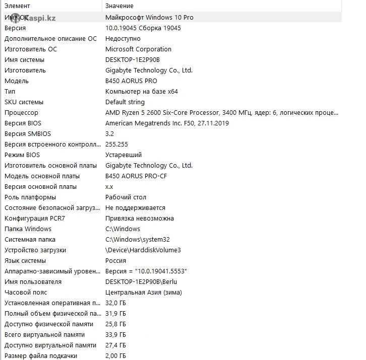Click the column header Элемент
pos(17,6)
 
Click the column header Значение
pos(119,6)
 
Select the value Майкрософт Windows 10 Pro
pos(149,17)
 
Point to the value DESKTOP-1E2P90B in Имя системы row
pos(133,59)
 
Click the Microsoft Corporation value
pos(138,49)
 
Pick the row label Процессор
pos(21,112)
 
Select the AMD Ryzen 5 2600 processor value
pos(222,112)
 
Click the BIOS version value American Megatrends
pos(167,123)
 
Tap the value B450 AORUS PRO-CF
pos(136,176)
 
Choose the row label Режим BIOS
pos(22,155)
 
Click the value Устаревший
pos(124,155)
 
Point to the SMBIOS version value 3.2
pos(109,133)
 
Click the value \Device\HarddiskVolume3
pos(143,250)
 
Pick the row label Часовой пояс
pos(26,292)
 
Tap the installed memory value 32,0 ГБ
pos(115,303)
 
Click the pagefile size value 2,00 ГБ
pos(115,355)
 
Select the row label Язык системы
pos(25,260)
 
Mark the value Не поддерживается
pos(135,207)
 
